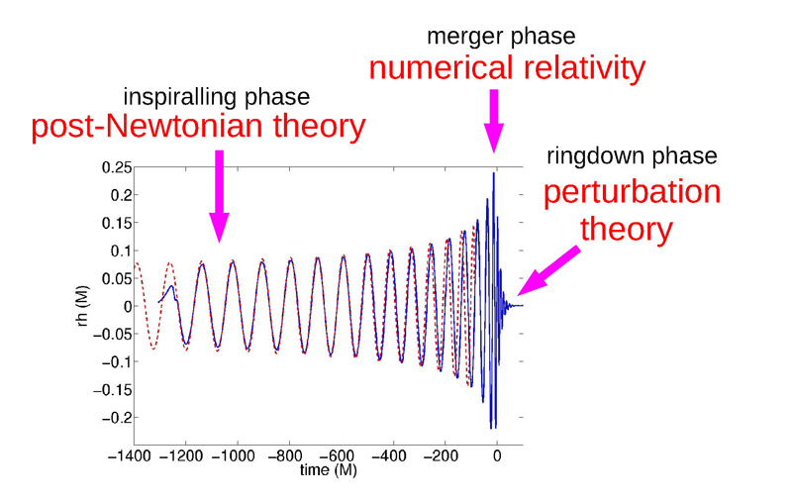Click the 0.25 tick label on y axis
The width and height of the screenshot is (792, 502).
click(117, 167)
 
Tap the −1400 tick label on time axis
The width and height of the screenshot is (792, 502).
click(130, 456)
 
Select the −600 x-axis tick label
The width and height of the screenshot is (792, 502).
click(336, 456)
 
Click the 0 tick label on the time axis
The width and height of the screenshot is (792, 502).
click(497, 456)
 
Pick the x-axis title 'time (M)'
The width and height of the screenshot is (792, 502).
click(329, 470)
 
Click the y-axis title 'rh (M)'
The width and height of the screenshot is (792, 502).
click(83, 306)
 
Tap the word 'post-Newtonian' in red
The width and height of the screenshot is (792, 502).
click(147, 127)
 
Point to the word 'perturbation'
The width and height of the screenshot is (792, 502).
click(632, 192)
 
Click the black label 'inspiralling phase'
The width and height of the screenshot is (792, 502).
click(217, 97)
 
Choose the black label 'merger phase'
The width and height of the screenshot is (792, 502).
click(501, 37)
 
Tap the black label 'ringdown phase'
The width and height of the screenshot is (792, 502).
click(632, 155)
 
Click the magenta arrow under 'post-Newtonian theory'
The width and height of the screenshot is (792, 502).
click(219, 196)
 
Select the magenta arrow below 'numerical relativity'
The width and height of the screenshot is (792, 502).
click(493, 121)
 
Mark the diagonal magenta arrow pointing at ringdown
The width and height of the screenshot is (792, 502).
click(548, 270)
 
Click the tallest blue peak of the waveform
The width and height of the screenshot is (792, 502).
click(493, 173)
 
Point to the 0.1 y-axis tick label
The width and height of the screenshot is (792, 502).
click(121, 251)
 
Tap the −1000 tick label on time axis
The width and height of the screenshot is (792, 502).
click(233, 456)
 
